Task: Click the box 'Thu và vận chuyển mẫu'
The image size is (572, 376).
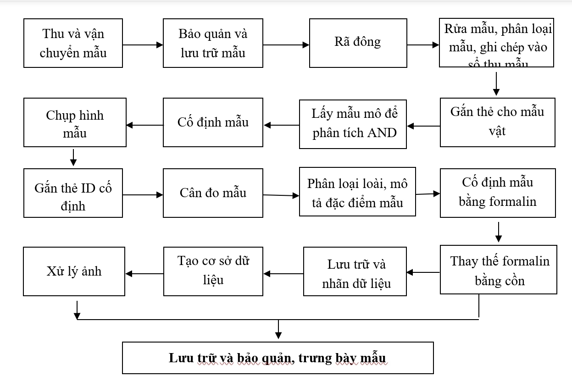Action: (x=73, y=43)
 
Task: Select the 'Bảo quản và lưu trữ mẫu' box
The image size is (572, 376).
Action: (x=213, y=43)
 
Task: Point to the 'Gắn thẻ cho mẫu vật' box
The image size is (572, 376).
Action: (x=497, y=122)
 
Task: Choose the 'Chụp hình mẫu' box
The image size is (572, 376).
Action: (x=75, y=122)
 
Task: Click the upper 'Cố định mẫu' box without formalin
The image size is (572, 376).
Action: (x=213, y=122)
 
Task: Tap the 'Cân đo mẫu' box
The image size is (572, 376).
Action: (x=213, y=193)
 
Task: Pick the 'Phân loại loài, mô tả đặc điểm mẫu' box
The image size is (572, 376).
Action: (x=357, y=192)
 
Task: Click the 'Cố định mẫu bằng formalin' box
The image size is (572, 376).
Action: (x=498, y=193)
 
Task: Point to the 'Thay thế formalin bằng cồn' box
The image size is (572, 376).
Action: (x=499, y=270)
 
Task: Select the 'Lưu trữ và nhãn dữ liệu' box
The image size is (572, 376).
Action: (x=355, y=271)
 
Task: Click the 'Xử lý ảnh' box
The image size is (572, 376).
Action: (x=74, y=271)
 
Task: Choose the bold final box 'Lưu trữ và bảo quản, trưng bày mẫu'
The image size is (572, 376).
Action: (x=278, y=358)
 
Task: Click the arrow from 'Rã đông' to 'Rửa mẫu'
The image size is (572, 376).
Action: (x=423, y=45)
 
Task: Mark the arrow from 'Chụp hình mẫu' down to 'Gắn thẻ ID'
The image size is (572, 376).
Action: (x=73, y=157)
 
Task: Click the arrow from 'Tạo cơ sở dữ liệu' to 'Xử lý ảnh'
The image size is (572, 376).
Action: (x=144, y=274)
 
